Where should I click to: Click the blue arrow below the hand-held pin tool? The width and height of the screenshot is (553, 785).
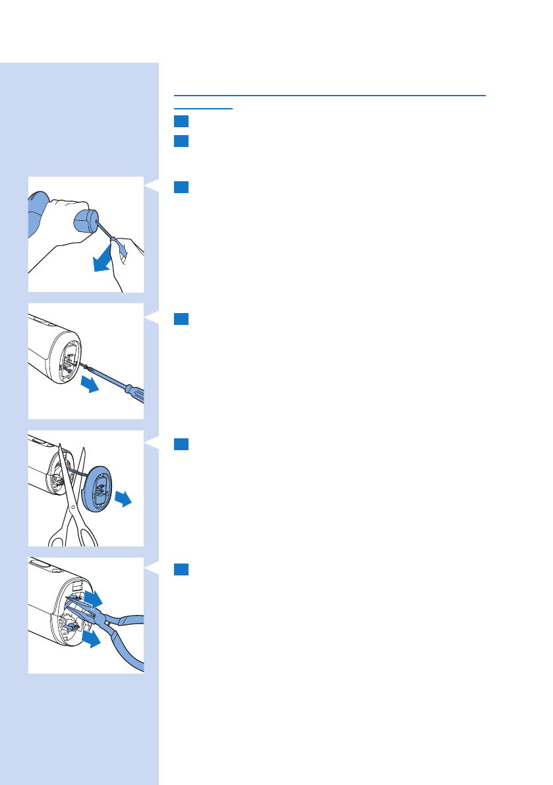coord(103,262)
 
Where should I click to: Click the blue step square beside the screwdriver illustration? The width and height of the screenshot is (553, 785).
coord(182,319)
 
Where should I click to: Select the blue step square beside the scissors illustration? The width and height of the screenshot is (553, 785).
coord(182,445)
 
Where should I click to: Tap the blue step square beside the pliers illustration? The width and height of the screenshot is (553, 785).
coord(182,569)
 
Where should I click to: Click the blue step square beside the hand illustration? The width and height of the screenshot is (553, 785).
coord(182,187)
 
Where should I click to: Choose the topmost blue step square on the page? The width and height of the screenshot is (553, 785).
coord(182,121)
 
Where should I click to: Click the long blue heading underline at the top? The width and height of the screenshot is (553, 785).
coord(330,94)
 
